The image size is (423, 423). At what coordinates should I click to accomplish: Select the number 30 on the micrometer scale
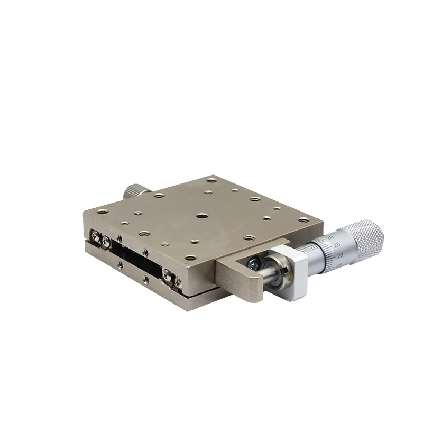tap(332, 238)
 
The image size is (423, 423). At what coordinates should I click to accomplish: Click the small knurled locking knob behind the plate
tap(137, 191)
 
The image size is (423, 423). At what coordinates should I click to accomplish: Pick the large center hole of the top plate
tap(202, 216)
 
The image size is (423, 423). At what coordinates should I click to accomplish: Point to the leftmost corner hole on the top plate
tap(103, 212)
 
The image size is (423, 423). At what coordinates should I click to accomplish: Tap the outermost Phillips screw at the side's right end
tap(178, 281)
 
